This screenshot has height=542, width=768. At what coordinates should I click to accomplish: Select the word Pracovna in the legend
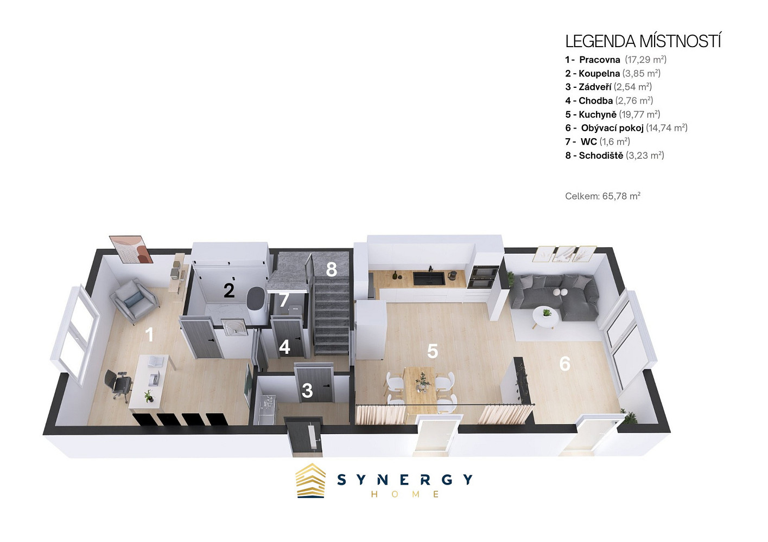point(600,60)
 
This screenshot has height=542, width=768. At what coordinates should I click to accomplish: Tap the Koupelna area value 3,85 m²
point(642,73)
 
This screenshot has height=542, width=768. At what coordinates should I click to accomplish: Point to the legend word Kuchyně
point(598,114)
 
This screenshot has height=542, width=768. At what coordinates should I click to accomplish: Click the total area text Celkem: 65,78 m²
point(603,196)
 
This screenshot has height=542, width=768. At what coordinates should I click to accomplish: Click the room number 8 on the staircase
point(331,269)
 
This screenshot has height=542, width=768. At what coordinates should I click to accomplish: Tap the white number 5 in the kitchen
point(433,351)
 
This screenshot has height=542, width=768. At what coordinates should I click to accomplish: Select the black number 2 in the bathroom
point(229,291)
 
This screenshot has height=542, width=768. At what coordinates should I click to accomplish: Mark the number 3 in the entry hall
point(307,391)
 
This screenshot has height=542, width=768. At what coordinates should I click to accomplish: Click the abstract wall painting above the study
point(133,249)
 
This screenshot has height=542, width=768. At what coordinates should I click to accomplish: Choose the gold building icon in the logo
point(310,480)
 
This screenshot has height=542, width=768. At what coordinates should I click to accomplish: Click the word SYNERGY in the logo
point(405,480)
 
